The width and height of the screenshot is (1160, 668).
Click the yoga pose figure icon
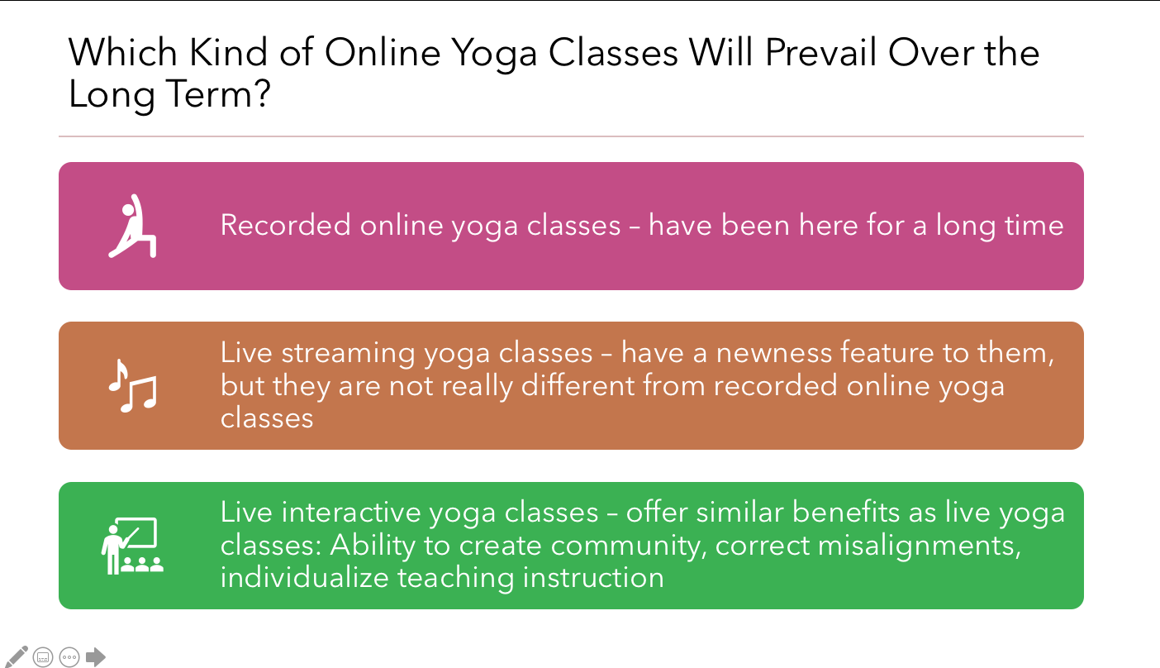coord(132,226)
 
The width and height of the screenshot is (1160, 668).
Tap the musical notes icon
coord(132,385)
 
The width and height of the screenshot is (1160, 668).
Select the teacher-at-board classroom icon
coord(132,546)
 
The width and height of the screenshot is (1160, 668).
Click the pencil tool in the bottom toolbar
coord(16,656)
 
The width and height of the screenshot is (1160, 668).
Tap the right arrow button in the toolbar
coord(95,657)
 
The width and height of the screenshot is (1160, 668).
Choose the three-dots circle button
coord(69,657)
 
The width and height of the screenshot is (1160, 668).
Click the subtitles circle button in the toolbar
coord(43,657)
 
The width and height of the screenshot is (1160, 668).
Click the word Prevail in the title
coord(820,52)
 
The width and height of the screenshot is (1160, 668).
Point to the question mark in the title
coord(263,93)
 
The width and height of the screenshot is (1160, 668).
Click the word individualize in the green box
coord(305,577)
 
